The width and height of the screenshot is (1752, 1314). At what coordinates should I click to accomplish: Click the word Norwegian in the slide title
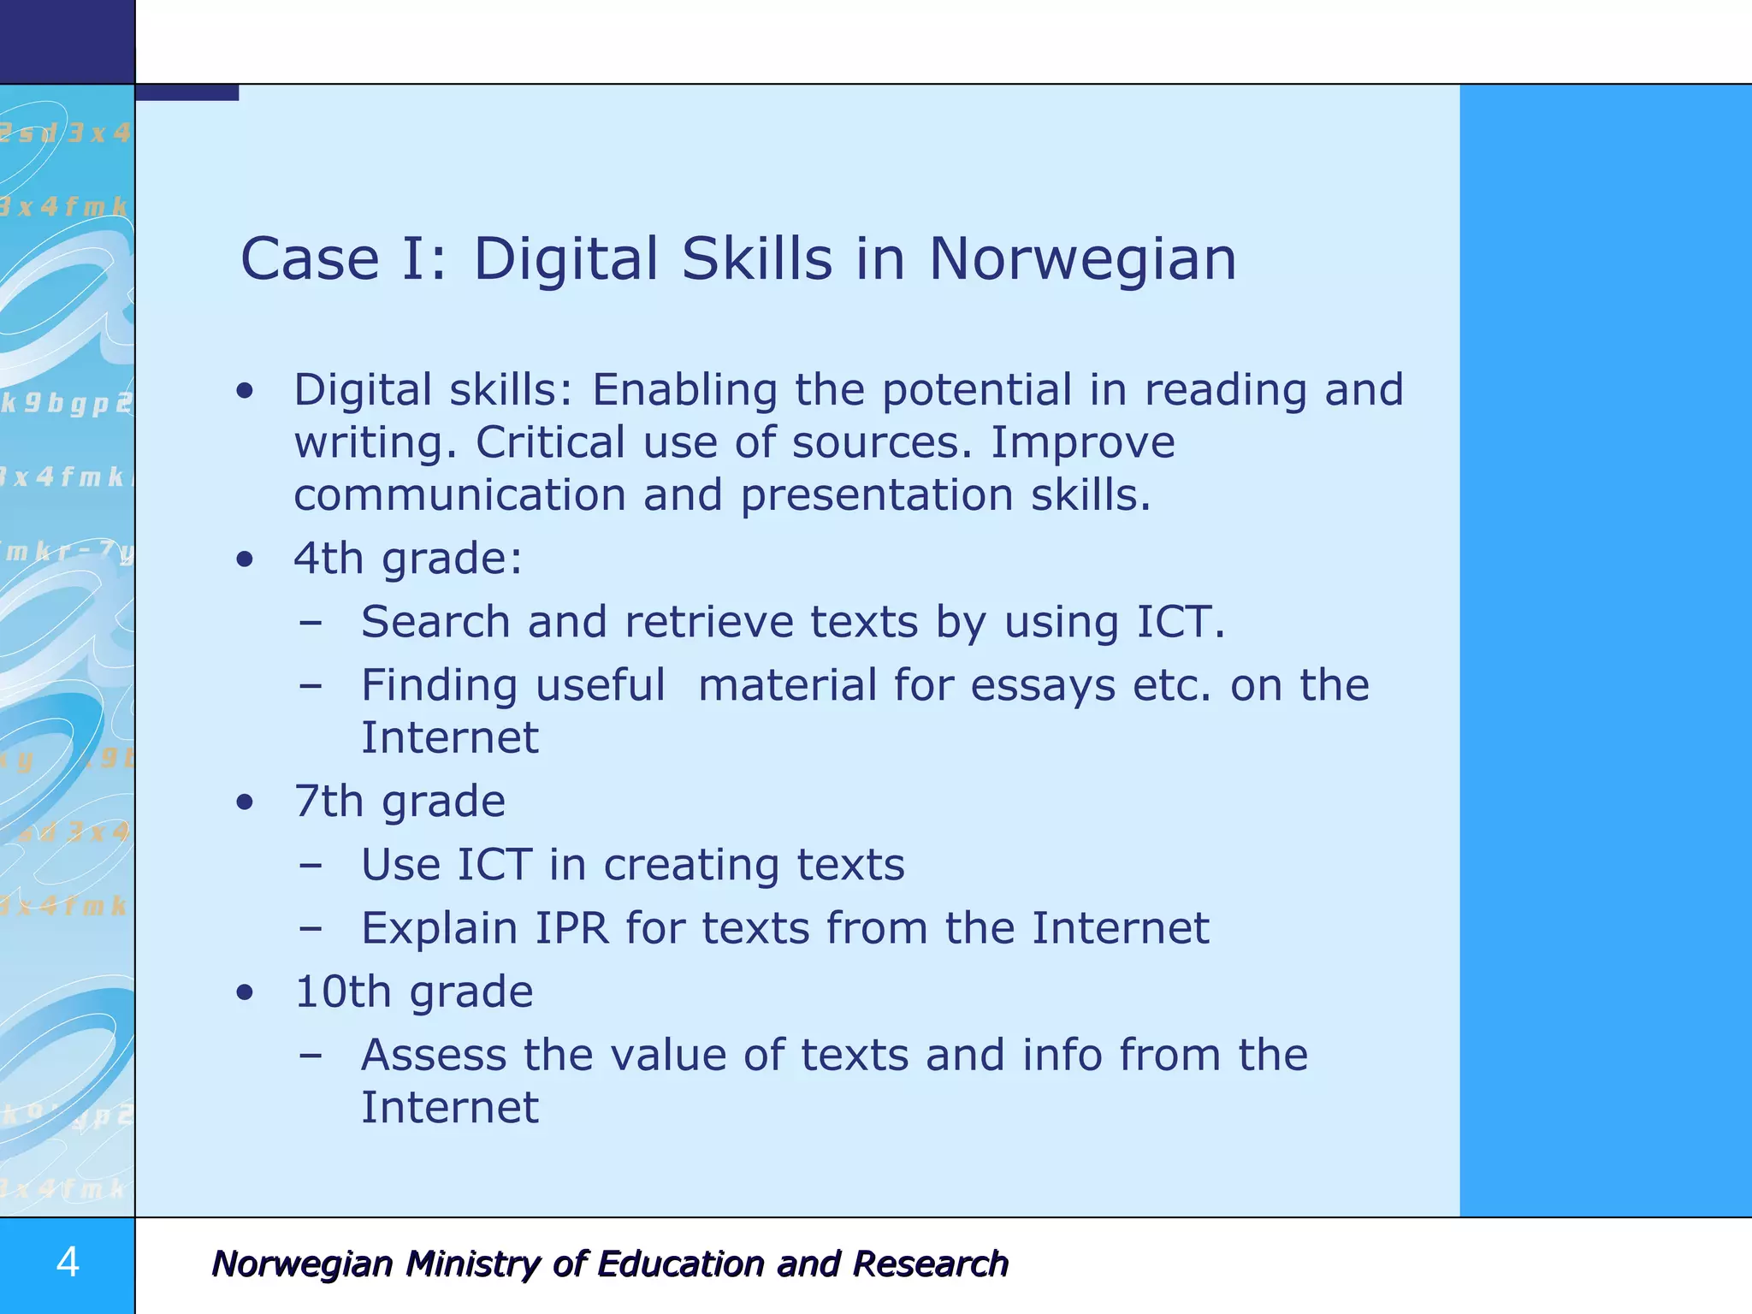[1082, 259]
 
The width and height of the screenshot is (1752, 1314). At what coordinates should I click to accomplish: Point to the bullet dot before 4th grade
[246, 560]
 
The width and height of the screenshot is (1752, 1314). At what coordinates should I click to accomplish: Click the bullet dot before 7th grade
[246, 802]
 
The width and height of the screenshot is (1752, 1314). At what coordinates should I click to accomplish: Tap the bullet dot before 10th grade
[246, 992]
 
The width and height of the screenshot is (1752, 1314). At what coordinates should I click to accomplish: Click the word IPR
[572, 928]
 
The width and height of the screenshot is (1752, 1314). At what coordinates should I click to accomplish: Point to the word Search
[435, 622]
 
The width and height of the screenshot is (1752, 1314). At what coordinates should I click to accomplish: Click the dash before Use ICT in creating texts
[311, 866]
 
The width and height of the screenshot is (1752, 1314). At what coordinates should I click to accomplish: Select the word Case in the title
[310, 259]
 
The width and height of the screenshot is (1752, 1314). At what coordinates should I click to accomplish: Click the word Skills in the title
[756, 259]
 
